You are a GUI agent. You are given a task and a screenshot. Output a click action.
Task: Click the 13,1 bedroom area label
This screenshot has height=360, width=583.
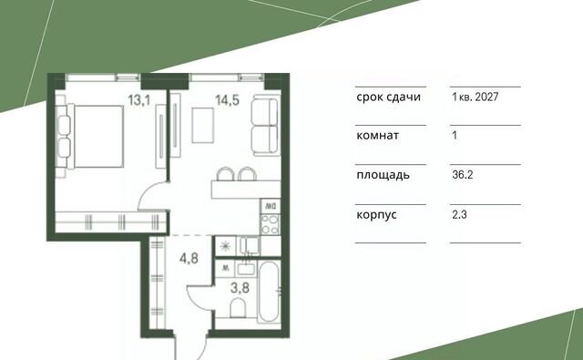[139, 100]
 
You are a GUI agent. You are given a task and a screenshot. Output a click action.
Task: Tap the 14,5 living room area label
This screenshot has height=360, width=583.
[227, 100]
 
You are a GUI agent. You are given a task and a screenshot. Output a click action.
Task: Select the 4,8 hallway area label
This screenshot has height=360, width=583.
[189, 258]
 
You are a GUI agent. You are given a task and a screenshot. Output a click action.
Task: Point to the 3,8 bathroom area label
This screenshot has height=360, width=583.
[240, 287]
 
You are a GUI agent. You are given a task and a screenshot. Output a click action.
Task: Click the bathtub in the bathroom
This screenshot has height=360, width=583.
[269, 292]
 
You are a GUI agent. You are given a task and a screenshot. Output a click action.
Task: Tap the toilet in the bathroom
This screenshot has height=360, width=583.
[239, 308]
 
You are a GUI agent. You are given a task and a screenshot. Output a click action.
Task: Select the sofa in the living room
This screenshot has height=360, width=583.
[265, 126]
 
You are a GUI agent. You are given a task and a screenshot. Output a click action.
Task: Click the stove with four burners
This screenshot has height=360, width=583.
[271, 224]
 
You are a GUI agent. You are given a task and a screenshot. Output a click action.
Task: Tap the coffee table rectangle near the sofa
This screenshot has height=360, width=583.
[203, 125]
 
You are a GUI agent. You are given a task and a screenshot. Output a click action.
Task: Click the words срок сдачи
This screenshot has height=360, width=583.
[389, 98]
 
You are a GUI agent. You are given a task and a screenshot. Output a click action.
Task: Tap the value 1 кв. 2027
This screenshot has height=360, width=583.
[476, 98]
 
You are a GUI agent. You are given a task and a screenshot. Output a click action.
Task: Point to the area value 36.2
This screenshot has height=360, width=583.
[463, 174]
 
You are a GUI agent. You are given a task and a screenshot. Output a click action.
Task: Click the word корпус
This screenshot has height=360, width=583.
[376, 215]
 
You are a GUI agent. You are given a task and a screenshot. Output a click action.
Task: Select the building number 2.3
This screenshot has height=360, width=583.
[459, 214]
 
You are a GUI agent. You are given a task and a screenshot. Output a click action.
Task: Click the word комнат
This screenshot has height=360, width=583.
[378, 136]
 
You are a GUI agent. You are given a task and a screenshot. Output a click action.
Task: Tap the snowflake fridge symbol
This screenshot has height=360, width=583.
[225, 246]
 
